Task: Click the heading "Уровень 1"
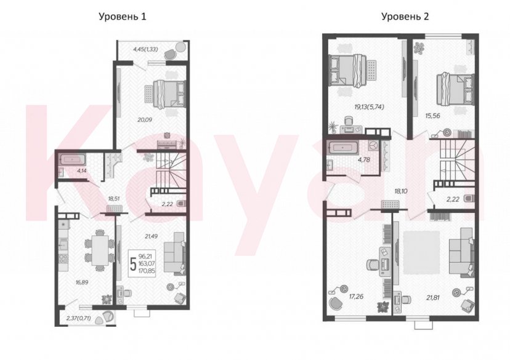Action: pyautogui.click(x=123, y=17)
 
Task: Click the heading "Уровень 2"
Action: pyautogui.click(x=405, y=17)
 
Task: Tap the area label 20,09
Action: pyautogui.click(x=145, y=119)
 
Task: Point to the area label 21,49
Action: pyautogui.click(x=151, y=236)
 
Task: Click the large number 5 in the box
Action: pyautogui.click(x=133, y=263)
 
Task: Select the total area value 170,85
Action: pyautogui.click(x=147, y=270)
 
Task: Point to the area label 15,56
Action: pyautogui.click(x=433, y=115)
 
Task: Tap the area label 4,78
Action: pyautogui.click(x=364, y=159)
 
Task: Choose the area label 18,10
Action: pyautogui.click(x=401, y=191)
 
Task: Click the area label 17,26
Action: pyautogui.click(x=356, y=297)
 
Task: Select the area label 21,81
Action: pyautogui.click(x=432, y=297)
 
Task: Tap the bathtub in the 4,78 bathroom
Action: pyautogui.click(x=343, y=148)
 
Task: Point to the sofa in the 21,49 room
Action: pyautogui.click(x=174, y=252)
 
